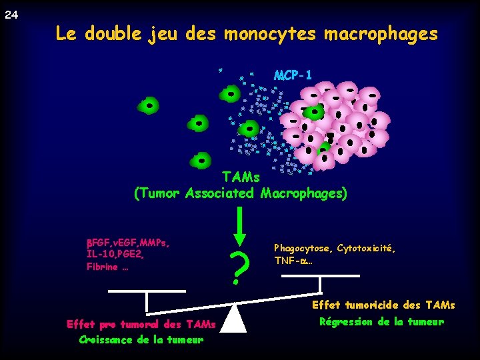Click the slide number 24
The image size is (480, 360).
(11, 15)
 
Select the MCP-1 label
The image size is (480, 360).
(292, 74)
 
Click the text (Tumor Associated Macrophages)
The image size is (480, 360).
(241, 194)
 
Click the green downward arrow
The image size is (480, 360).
(240, 226)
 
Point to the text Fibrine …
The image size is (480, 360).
(107, 267)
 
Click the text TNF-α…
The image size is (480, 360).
(293, 261)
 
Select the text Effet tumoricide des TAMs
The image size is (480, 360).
(383, 305)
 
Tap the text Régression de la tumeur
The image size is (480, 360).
(381, 322)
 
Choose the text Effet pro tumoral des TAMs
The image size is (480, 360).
(141, 325)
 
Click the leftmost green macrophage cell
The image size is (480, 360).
(149, 105)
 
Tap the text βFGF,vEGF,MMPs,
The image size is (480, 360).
(127, 242)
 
